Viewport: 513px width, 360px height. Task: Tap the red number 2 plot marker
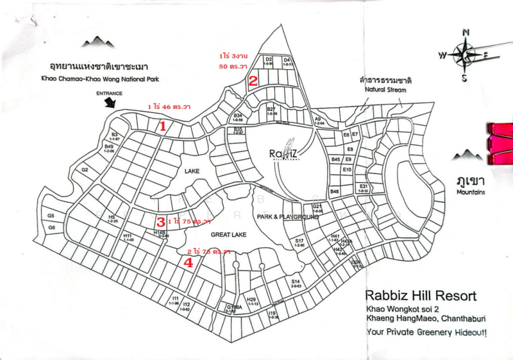click(x=253, y=81)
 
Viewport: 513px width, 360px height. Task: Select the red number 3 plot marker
click(x=161, y=221)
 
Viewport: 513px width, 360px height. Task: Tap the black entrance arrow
click(x=113, y=101)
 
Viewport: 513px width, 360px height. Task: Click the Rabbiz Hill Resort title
click(x=421, y=296)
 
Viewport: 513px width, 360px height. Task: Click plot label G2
click(x=85, y=170)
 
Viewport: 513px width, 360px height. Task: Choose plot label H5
click(x=112, y=217)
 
